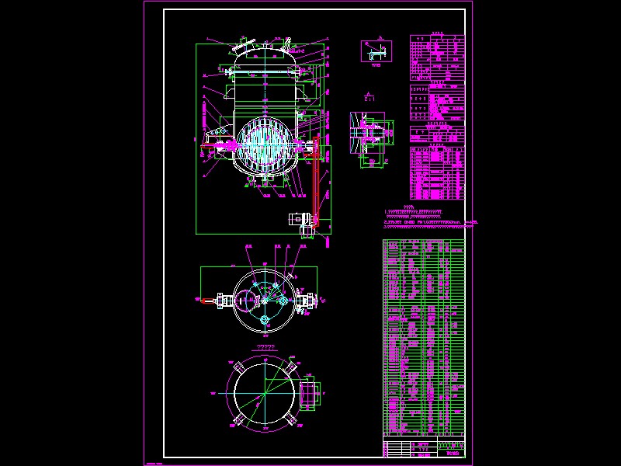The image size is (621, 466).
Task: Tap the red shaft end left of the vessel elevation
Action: click(x=208, y=145)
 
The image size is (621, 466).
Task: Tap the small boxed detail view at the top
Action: click(x=376, y=51)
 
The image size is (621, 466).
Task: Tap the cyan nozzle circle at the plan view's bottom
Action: click(x=263, y=320)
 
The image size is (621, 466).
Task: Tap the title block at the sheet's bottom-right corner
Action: click(x=425, y=448)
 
